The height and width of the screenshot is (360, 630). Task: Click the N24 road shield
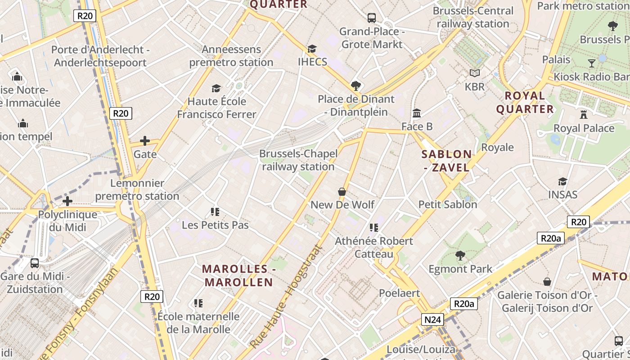433,320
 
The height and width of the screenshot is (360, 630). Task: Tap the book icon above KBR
474,73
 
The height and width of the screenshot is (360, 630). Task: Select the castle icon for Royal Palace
584,114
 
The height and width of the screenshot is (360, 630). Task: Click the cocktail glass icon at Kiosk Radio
591,63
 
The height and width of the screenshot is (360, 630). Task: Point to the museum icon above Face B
417,113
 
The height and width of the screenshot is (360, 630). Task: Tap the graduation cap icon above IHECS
312,49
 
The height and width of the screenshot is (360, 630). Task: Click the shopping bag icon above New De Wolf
342,192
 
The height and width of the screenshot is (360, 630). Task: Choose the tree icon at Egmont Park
460,256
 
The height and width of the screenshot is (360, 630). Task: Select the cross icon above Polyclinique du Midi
67,201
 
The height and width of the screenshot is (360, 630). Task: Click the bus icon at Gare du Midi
35,263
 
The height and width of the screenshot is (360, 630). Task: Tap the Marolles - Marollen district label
238,275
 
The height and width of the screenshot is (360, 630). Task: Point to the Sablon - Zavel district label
446,161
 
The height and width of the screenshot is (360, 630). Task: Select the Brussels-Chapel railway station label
298,160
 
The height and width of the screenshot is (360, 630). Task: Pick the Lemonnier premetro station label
137,189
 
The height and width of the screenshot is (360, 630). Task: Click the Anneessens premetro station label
231,56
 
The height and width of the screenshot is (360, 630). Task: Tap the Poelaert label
399,293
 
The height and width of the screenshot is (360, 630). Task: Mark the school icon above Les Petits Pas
215,211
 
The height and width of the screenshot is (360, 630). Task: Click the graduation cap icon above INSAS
562,181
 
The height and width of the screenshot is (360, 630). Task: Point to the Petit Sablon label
448,204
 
